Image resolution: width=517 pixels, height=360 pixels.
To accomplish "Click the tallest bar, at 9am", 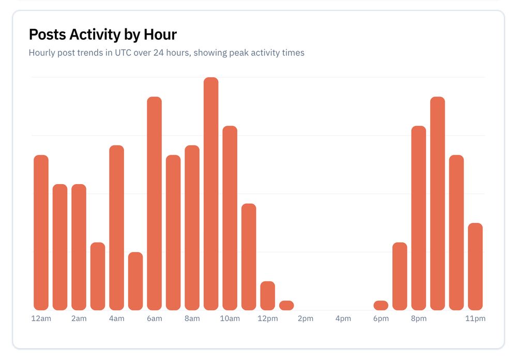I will pyautogui.click(x=211, y=194).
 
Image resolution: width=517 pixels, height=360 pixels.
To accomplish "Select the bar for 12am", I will pyautogui.click(x=41, y=233).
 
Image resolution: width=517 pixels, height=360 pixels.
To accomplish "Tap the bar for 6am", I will pyautogui.click(x=154, y=203).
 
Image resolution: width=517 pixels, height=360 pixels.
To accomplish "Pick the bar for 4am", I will pyautogui.click(x=116, y=228).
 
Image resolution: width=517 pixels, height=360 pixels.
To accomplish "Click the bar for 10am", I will pyautogui.click(x=230, y=218).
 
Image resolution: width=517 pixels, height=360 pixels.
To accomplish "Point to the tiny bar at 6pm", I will pyautogui.click(x=381, y=305).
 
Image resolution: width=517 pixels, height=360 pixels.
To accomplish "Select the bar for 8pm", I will pyautogui.click(x=418, y=218).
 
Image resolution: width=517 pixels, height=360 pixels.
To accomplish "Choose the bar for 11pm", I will pyautogui.click(x=475, y=266).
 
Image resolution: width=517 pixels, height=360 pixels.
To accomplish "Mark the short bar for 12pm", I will pyautogui.click(x=267, y=296).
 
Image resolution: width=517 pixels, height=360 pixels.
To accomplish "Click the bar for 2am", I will pyautogui.click(x=79, y=247).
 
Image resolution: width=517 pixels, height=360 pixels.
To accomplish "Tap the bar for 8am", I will pyautogui.click(x=192, y=228).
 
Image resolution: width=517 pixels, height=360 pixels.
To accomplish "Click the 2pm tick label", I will pyautogui.click(x=305, y=319).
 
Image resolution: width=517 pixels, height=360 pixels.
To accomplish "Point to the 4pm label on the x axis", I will pyautogui.click(x=343, y=319).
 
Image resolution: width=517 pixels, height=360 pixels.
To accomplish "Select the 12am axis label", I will pyautogui.click(x=41, y=319).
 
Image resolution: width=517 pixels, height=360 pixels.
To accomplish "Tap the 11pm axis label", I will pyautogui.click(x=475, y=319).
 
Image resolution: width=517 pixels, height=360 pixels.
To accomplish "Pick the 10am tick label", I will pyautogui.click(x=230, y=319).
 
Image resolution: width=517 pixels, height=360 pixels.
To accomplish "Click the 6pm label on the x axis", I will pyautogui.click(x=381, y=319).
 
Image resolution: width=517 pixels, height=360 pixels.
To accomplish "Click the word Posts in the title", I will pyautogui.click(x=47, y=35).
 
